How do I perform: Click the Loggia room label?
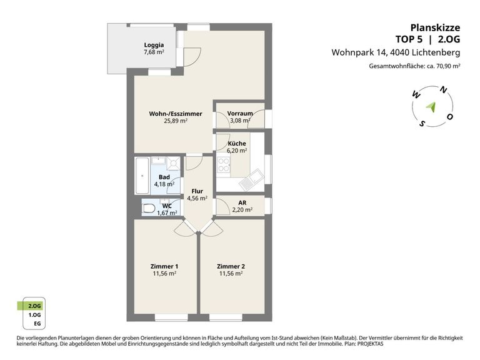[x=154, y=45]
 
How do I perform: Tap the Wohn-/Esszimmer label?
[x=176, y=114]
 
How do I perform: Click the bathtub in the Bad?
[x=142, y=176]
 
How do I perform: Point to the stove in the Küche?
[x=224, y=165]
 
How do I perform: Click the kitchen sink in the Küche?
[x=251, y=179]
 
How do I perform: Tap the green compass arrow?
[x=431, y=107]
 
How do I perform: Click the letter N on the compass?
[x=443, y=90]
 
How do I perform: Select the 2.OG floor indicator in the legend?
[x=34, y=306]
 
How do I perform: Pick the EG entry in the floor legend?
[x=37, y=324]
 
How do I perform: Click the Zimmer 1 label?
[x=164, y=266]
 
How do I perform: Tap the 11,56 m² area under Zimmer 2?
[x=231, y=273]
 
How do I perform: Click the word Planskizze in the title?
[x=435, y=27]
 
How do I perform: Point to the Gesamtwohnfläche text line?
[x=414, y=66]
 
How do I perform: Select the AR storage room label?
[x=242, y=202]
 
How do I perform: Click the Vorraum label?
[x=240, y=113]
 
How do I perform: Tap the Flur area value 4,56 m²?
[x=197, y=198]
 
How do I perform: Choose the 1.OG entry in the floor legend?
[x=34, y=315]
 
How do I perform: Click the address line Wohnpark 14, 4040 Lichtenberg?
[x=396, y=52]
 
